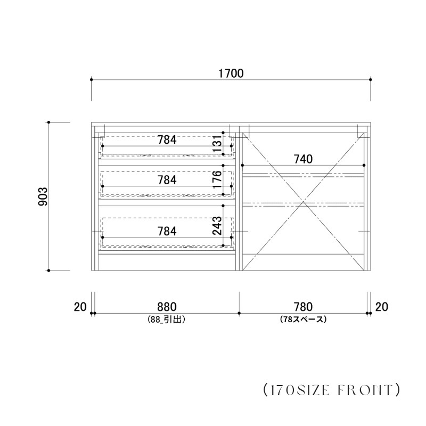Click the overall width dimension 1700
pos(231,73)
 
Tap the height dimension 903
pos(43,196)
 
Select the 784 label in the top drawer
pos(167,140)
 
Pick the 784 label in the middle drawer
pos(167,180)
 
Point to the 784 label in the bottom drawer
pos(167,231)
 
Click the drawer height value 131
pos(217,143)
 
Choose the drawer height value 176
pos(217,179)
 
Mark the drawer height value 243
pos(217,225)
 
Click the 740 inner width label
pos(303,159)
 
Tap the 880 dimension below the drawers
pos(167,307)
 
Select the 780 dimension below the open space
pos(303,307)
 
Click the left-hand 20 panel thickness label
pos(80,307)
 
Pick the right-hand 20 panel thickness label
pos(382,307)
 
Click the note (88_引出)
pos(167,319)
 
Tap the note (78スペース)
pos(303,319)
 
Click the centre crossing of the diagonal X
pos(303,202)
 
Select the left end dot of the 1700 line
pos(92,79)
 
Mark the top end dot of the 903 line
pos(48,122)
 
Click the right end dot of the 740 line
pos(364,165)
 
